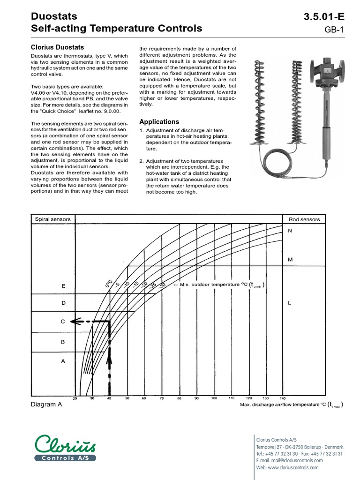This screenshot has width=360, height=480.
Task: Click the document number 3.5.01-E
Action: click(324, 17)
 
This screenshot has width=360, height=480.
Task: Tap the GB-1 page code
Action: click(334, 30)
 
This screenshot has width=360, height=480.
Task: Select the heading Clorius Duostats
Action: click(57, 47)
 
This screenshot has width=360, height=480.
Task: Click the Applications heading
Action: click(159, 121)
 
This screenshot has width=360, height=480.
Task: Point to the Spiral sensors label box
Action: click(52, 219)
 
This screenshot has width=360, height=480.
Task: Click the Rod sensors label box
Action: click(304, 219)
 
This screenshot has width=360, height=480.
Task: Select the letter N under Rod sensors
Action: click(290, 231)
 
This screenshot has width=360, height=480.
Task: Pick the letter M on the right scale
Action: click(290, 259)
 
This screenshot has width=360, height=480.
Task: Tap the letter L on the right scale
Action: click(290, 303)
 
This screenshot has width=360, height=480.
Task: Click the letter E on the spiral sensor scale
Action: click(64, 285)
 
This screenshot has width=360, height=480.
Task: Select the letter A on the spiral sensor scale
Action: click(64, 361)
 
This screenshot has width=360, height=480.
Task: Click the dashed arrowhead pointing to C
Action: click(75, 322)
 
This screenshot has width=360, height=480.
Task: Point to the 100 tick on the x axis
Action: click(214, 398)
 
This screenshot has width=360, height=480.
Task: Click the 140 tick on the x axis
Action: click(282, 398)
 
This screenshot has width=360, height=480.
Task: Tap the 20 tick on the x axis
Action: click(75, 398)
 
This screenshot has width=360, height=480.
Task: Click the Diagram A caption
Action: click(46, 405)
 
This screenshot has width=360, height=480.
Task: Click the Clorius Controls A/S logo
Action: click(66, 447)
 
